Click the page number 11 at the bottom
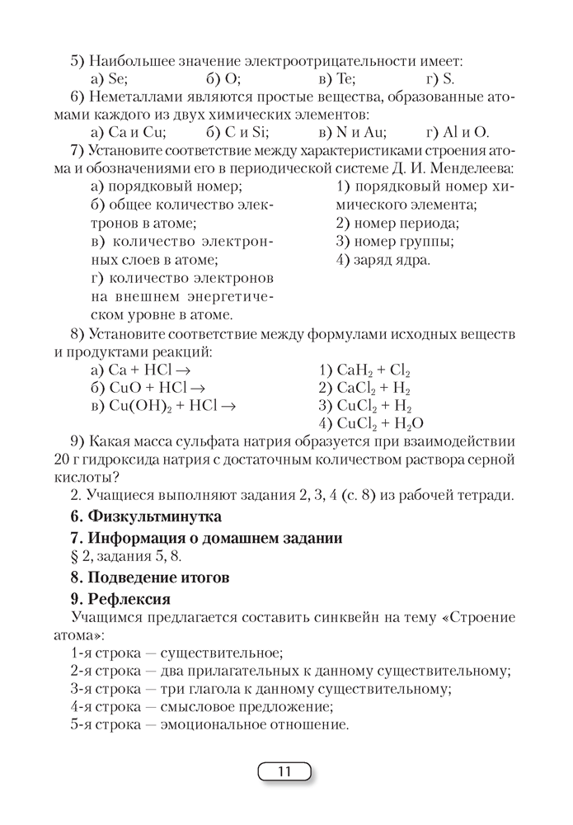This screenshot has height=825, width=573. pos(285,772)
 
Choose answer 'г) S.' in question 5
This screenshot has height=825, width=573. pos(440,79)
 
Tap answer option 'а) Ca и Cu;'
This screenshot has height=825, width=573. pos(128,131)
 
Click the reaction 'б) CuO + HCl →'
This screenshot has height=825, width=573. pos(147,388)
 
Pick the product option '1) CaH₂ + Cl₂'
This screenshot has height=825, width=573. pos(364,370)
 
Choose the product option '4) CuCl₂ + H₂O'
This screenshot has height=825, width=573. pos(371,423)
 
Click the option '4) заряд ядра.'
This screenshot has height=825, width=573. pos(383,260)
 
